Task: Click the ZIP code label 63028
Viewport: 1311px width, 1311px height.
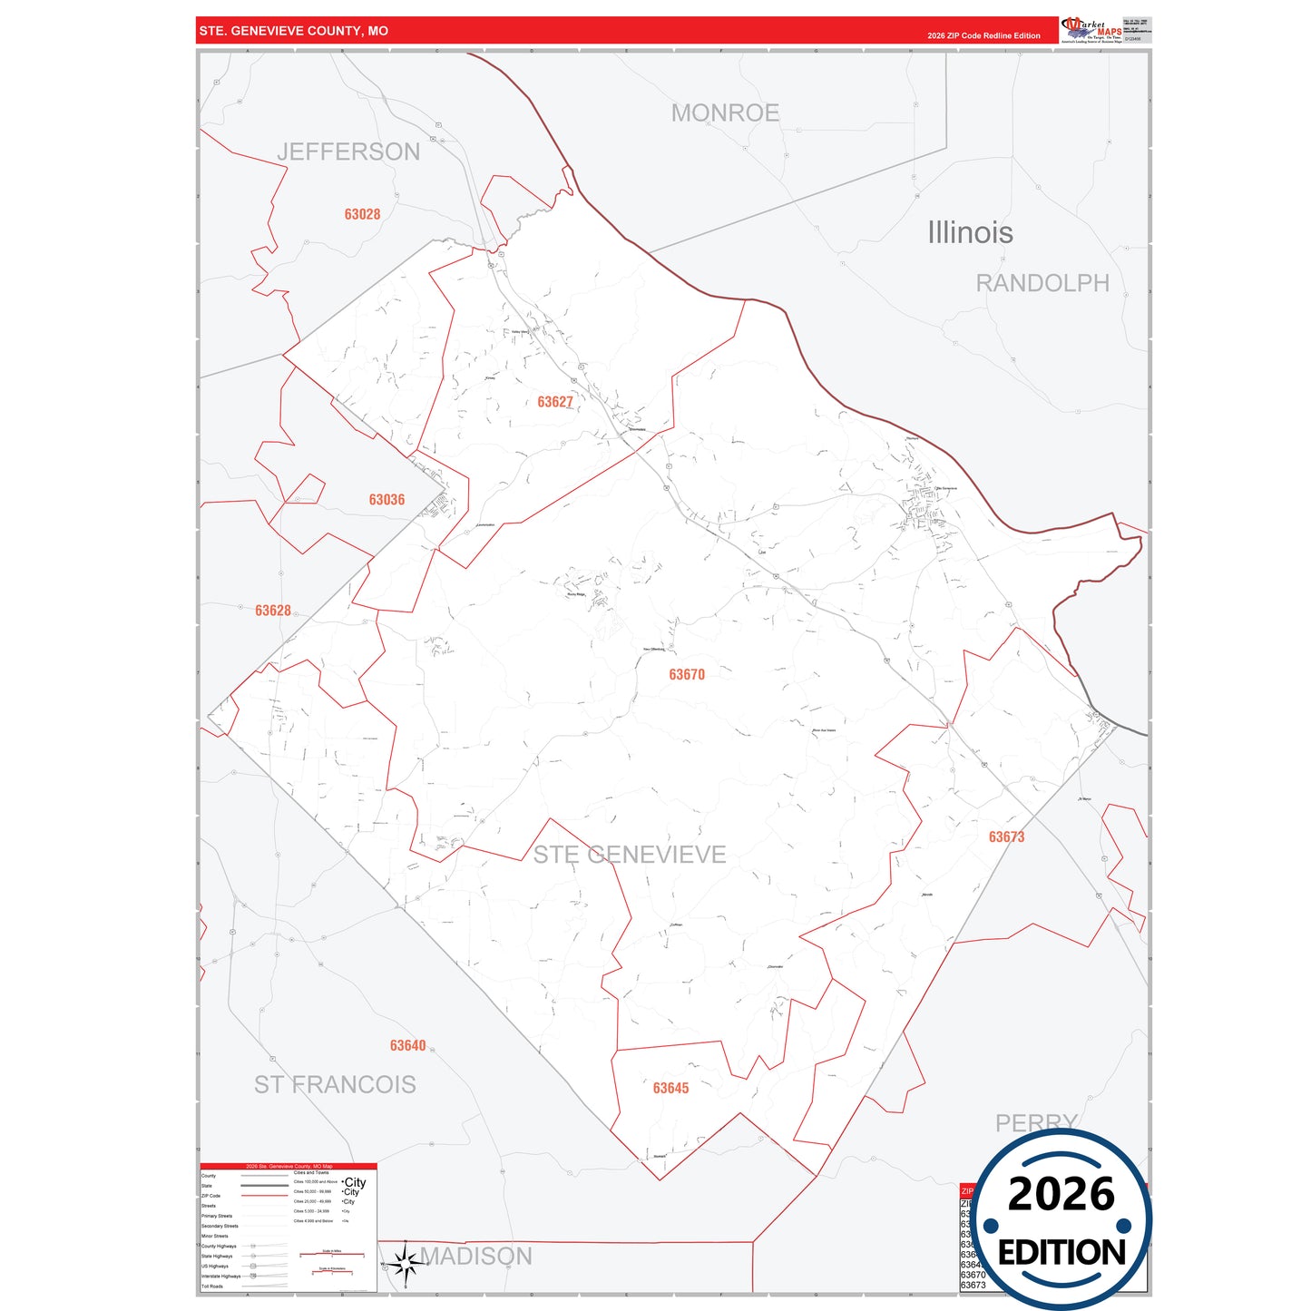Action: tap(362, 215)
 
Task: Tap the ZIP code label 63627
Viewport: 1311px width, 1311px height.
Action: tap(554, 402)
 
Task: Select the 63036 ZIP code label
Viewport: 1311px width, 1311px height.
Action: tap(386, 500)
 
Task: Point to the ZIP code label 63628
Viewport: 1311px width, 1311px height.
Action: tap(273, 611)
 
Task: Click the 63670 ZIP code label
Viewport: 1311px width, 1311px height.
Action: tap(687, 674)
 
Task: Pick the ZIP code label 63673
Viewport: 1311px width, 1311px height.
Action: tap(1006, 836)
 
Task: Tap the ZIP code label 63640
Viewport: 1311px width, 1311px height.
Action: tap(407, 1045)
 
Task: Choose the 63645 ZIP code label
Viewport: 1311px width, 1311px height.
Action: tap(670, 1088)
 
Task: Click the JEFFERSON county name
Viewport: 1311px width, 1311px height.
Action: tap(348, 152)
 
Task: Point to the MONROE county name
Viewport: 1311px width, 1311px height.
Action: tap(725, 113)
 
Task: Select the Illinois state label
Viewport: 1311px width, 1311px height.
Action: tap(970, 232)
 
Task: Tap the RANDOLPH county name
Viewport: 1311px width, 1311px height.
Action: tap(1042, 283)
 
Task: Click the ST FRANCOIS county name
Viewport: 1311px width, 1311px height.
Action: tap(335, 1084)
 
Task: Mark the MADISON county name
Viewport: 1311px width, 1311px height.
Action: tap(476, 1256)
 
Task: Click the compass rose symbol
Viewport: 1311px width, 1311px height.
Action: tap(405, 1263)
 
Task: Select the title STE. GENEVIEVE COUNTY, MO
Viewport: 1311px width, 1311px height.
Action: tap(293, 31)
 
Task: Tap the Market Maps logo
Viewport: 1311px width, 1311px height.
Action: tap(1091, 29)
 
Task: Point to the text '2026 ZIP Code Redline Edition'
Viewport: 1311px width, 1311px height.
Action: tap(983, 35)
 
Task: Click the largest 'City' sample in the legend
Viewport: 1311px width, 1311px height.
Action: tap(355, 1182)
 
